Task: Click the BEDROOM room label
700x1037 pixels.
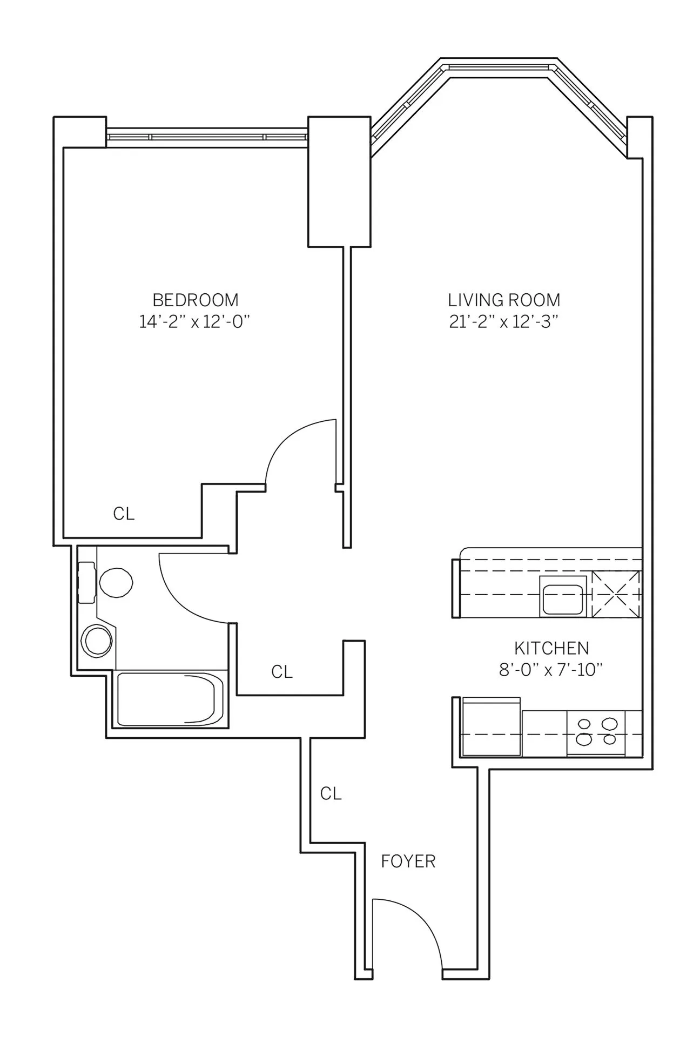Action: (x=195, y=300)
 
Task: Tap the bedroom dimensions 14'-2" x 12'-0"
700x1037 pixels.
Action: (x=195, y=322)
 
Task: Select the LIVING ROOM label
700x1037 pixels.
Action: (x=503, y=300)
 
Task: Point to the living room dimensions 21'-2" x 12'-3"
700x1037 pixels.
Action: (x=503, y=322)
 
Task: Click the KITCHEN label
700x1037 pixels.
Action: (x=551, y=648)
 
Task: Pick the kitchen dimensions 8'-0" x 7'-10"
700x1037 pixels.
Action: (x=551, y=670)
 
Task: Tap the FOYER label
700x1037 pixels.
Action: (x=408, y=861)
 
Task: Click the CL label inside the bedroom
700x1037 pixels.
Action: (x=124, y=514)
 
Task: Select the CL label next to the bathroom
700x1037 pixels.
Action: (x=282, y=672)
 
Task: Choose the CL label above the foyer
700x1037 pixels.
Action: (x=331, y=793)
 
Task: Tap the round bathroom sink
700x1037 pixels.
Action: (x=97, y=641)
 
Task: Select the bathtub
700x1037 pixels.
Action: (x=170, y=699)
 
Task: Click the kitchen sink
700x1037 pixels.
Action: (x=562, y=597)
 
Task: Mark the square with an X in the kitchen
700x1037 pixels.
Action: (x=616, y=595)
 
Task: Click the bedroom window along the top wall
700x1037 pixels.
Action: (x=207, y=137)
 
